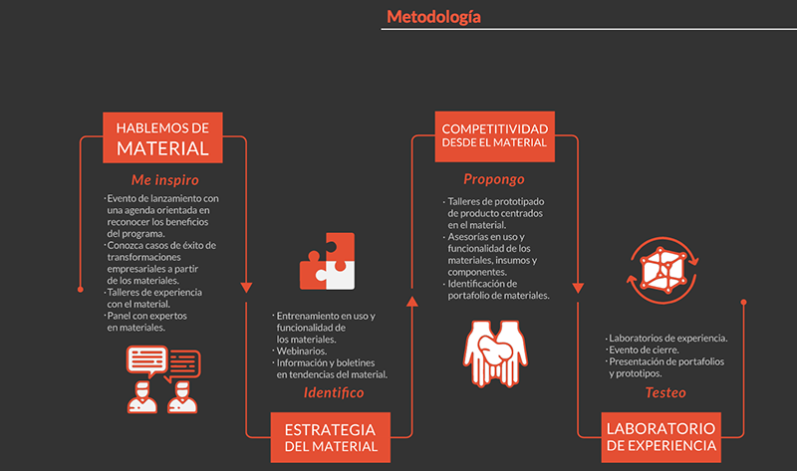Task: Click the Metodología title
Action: click(433, 16)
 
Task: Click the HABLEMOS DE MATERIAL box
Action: click(162, 137)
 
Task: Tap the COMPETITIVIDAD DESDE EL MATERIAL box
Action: click(495, 135)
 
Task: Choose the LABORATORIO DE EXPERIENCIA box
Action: click(661, 436)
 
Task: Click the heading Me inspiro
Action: click(165, 180)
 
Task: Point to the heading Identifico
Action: click(334, 392)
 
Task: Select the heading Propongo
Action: click(493, 179)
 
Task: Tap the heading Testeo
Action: click(664, 392)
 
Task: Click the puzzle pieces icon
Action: click(327, 261)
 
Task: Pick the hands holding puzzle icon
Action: click(493, 353)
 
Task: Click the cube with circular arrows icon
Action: click(661, 267)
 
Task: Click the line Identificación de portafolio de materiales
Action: click(498, 290)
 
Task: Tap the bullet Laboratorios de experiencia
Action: click(667, 338)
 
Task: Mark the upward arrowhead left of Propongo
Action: click(412, 296)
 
